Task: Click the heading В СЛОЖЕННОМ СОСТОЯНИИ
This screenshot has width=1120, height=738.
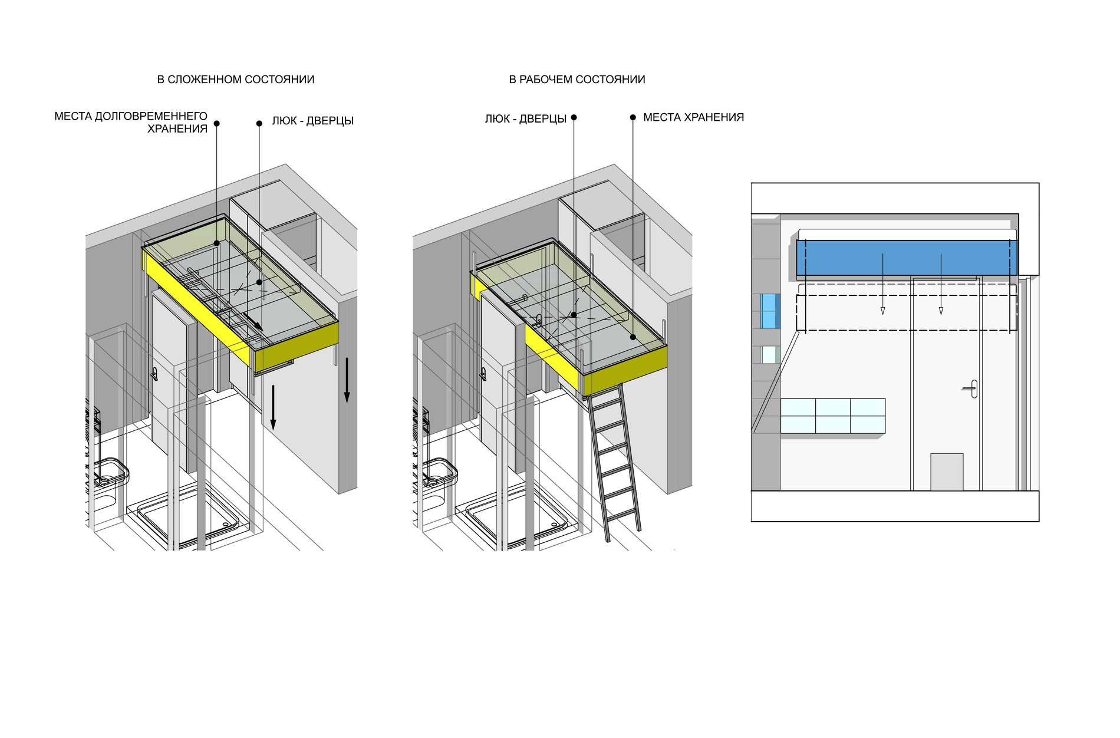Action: (x=236, y=80)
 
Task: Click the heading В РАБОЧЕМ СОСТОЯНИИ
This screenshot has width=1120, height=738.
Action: (x=577, y=80)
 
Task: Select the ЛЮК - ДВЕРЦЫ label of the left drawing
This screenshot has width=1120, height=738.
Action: (x=312, y=121)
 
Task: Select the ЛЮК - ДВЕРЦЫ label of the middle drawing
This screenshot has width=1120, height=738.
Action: (x=526, y=119)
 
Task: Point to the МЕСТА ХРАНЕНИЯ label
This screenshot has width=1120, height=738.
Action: (x=693, y=117)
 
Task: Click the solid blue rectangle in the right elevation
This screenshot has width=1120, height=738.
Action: (x=907, y=258)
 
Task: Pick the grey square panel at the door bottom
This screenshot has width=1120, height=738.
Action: (x=947, y=472)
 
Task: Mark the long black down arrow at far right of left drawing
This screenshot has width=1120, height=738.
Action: (x=347, y=380)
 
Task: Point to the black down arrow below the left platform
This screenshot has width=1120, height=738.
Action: (x=273, y=407)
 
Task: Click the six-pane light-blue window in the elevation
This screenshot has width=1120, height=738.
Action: (x=833, y=416)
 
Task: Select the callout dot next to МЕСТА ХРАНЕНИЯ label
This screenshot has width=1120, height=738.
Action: (x=633, y=117)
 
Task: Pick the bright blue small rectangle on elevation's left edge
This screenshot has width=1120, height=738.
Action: (x=769, y=311)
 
